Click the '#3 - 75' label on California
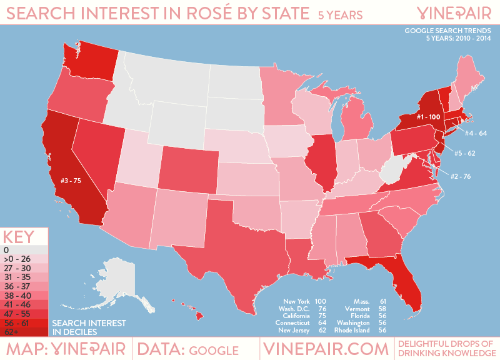(x=72, y=182)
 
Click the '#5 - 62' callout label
(x=466, y=152)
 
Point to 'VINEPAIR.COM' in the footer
(x=324, y=349)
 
